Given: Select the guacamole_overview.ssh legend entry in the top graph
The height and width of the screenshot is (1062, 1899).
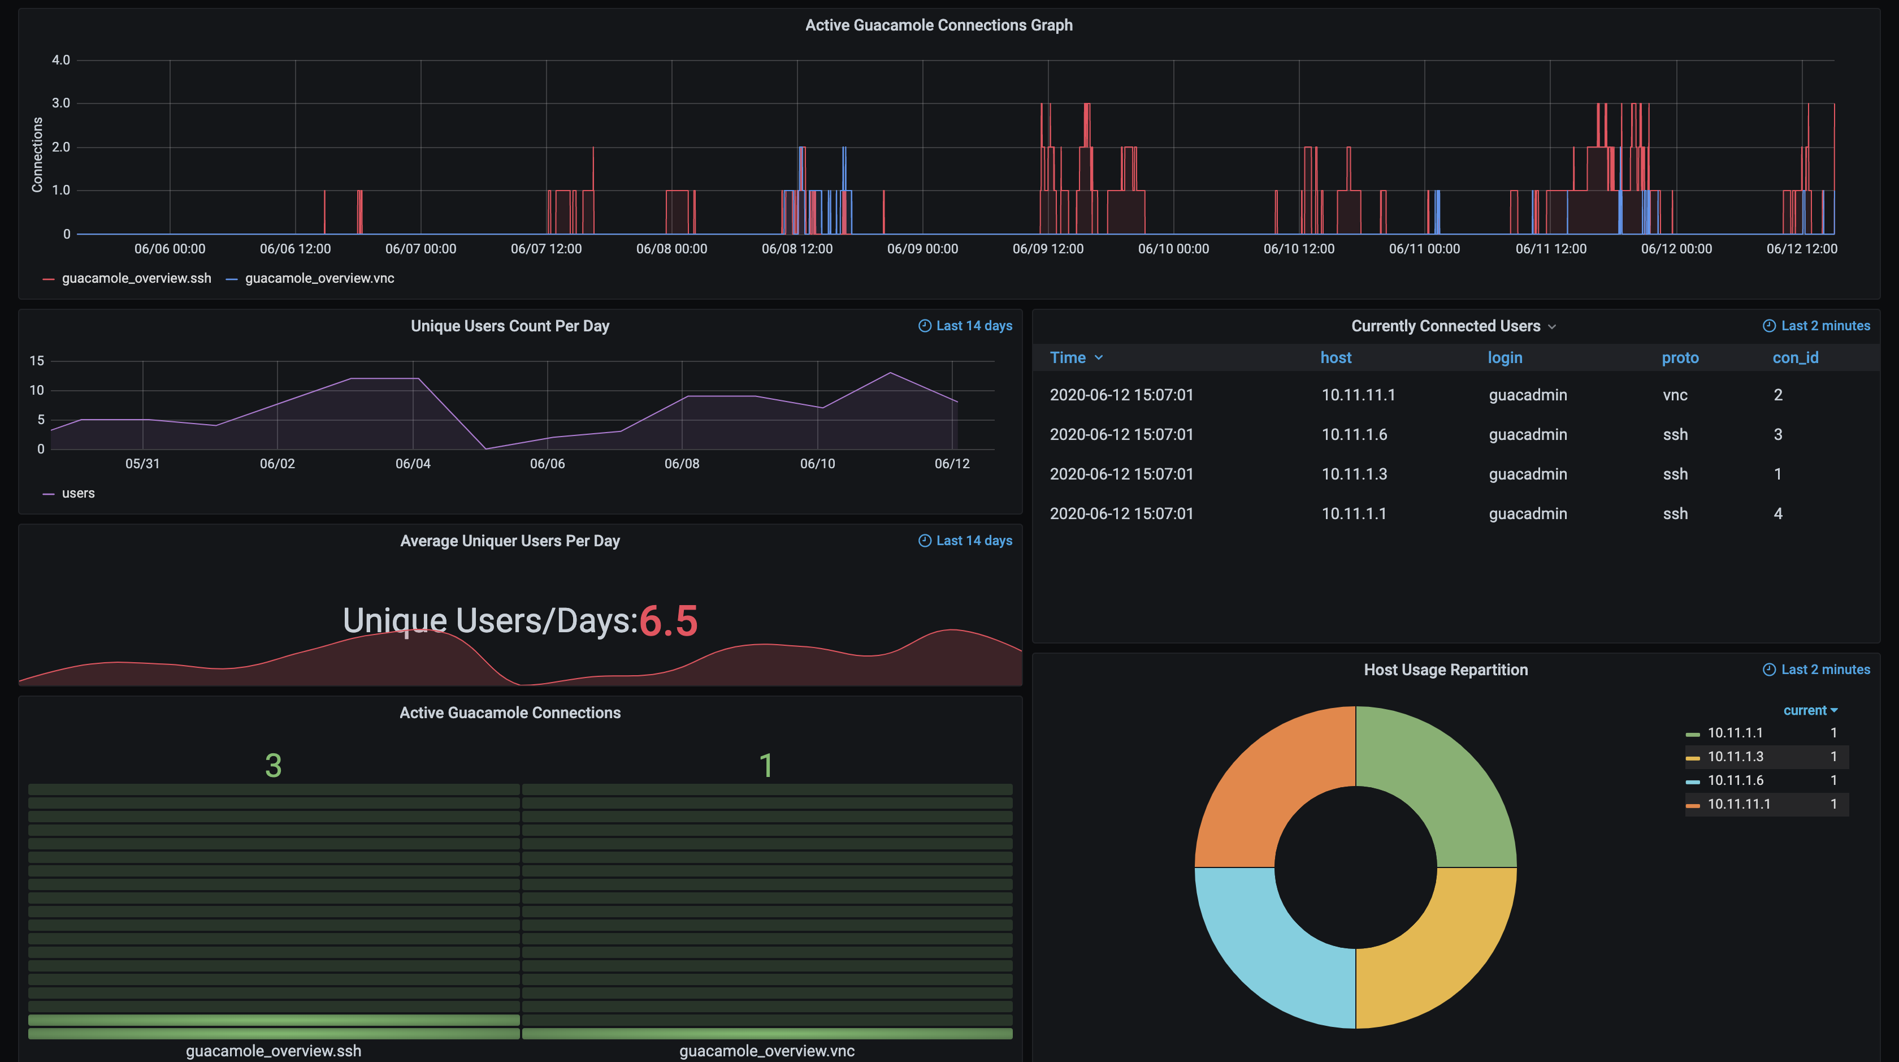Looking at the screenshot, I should (x=136, y=278).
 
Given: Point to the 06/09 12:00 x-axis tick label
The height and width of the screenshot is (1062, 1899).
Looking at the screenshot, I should (x=1047, y=249).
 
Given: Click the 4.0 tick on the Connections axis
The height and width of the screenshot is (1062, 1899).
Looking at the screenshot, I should (x=60, y=60).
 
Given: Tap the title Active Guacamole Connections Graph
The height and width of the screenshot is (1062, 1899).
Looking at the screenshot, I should (x=938, y=25).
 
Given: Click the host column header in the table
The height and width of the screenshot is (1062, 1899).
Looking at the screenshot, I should (x=1335, y=358).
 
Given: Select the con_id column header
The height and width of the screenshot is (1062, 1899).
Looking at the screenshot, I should (x=1794, y=358).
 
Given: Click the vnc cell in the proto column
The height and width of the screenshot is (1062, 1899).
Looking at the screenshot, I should (x=1674, y=395).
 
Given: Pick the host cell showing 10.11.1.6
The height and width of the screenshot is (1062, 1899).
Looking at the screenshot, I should (x=1354, y=434).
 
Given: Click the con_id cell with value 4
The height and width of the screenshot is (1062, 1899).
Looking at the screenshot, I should (x=1777, y=513).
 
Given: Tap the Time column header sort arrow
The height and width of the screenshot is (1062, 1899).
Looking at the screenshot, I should (x=1098, y=358).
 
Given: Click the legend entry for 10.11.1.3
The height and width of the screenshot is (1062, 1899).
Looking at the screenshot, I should (x=1735, y=756).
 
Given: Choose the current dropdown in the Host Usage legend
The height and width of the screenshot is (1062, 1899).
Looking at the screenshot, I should (x=1809, y=710).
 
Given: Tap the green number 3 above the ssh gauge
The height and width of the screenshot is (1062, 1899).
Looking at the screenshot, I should (x=273, y=765).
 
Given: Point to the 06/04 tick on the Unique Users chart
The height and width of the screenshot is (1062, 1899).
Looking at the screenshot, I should (x=412, y=463).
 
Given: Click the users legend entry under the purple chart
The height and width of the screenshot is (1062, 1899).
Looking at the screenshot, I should (x=77, y=493).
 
